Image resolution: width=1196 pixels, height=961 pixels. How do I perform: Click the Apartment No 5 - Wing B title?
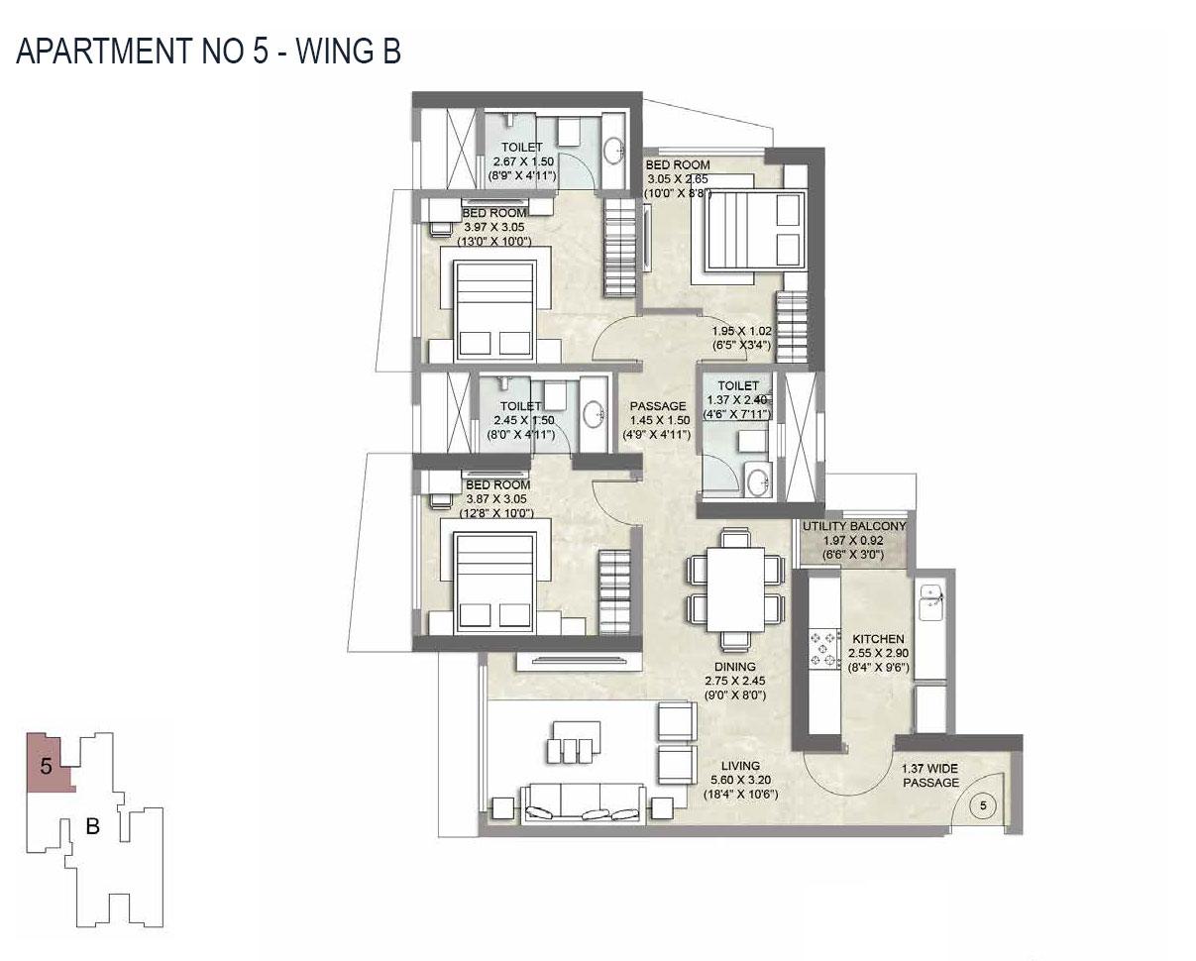(208, 51)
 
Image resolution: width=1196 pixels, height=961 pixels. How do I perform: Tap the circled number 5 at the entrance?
(983, 806)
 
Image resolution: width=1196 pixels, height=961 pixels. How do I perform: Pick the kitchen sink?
(928, 598)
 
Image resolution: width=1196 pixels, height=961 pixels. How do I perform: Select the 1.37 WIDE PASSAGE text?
(929, 776)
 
